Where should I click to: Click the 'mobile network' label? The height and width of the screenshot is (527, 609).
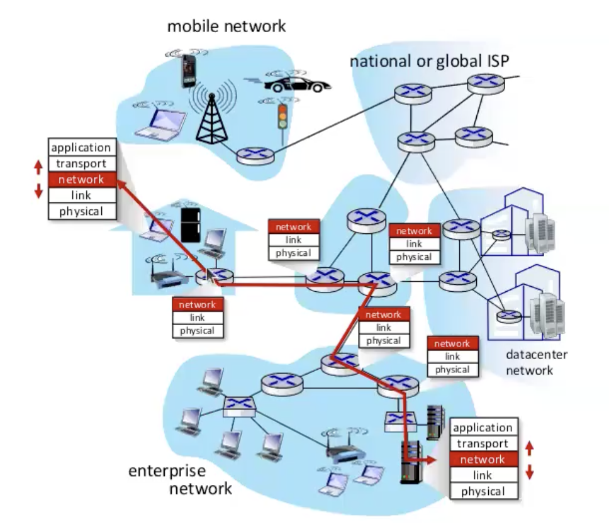coord(226,26)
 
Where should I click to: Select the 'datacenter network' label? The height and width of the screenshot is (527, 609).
coord(537,362)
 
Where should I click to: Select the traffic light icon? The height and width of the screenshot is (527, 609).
coord(282,116)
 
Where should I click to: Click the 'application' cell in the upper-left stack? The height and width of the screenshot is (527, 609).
coord(82,148)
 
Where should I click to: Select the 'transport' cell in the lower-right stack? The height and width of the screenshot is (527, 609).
coord(483,443)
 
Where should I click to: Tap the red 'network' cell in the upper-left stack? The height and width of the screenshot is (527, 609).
coord(82,180)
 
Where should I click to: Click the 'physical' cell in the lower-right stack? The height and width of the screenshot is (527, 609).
coord(483,491)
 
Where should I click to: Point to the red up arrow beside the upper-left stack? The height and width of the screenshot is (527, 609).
coord(37,167)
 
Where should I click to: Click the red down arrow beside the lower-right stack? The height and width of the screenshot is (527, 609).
coord(529,472)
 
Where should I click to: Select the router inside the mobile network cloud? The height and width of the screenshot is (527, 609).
coord(253,154)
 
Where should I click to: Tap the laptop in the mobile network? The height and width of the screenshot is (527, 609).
coord(160,123)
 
